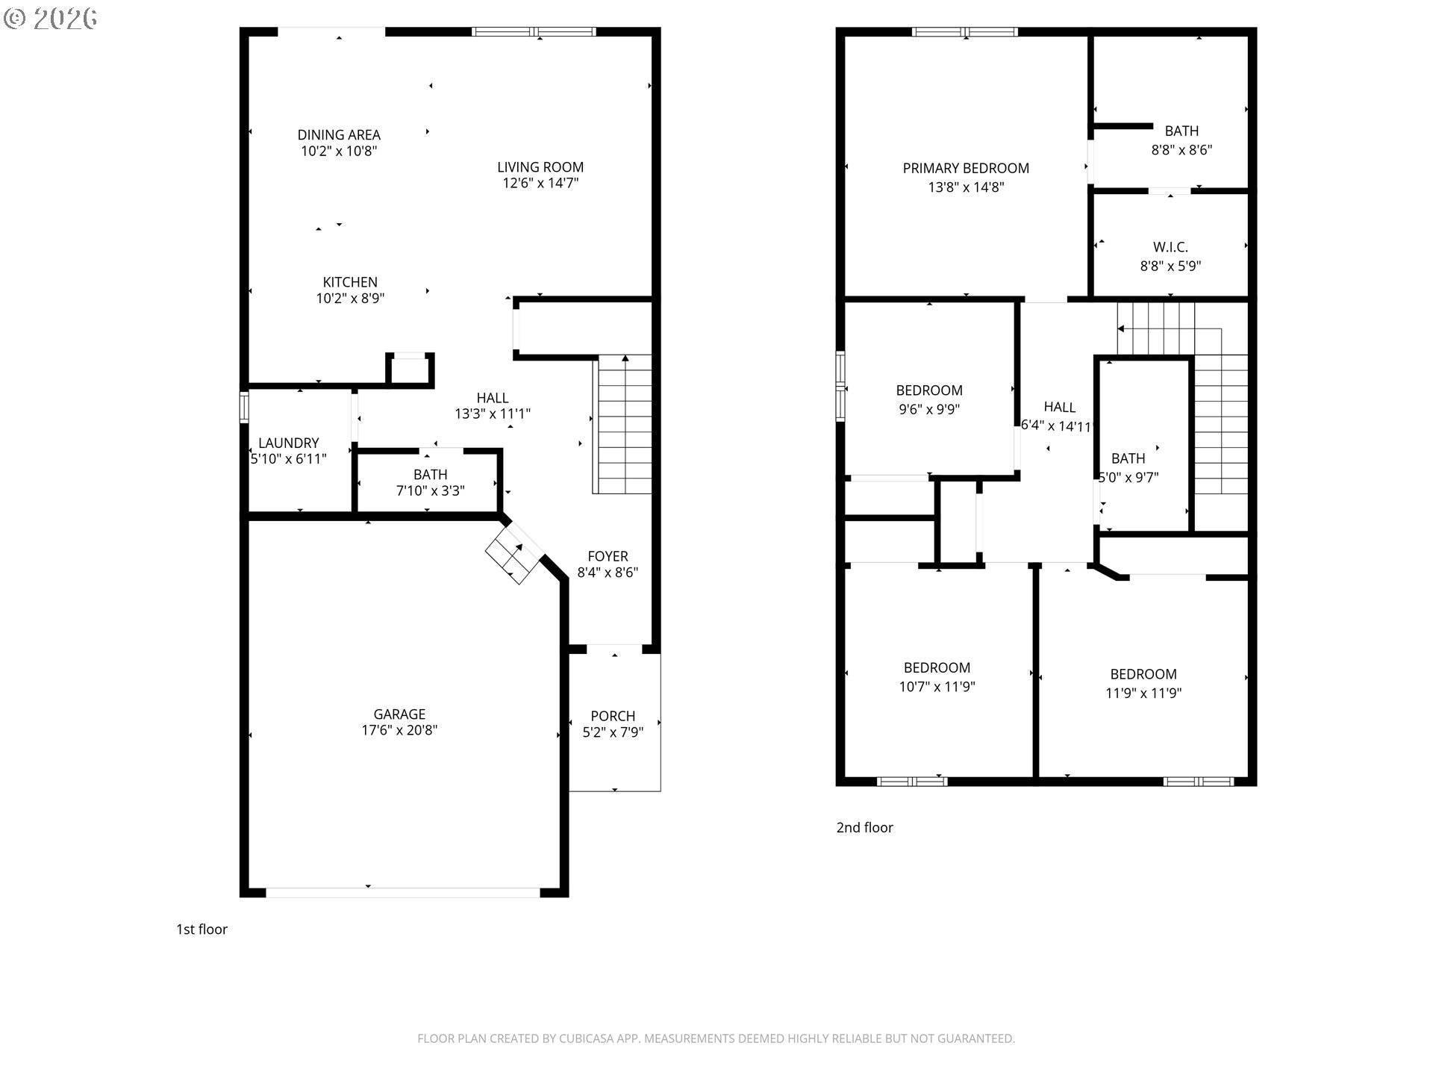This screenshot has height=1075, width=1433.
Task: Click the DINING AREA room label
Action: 339,135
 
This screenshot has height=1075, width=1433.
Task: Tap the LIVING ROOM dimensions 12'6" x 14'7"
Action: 540,184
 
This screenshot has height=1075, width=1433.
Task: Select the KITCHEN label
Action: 350,282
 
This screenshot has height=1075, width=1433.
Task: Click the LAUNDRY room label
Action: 288,443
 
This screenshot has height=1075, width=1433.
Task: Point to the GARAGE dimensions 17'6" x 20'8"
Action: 399,731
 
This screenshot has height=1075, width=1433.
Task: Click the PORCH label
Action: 613,716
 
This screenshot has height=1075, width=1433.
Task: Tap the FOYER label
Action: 608,556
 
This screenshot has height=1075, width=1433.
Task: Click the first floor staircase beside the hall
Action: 625,426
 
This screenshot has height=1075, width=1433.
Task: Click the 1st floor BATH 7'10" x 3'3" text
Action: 430,482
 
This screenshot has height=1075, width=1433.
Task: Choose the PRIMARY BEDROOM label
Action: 966,169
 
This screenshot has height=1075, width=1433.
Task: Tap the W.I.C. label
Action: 1170,247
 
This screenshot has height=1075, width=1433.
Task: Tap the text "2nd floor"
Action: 864,827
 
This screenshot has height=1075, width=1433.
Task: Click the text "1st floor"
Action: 202,929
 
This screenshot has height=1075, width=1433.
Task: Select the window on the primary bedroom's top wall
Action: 965,32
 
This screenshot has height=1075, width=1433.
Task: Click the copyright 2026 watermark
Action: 50,18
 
